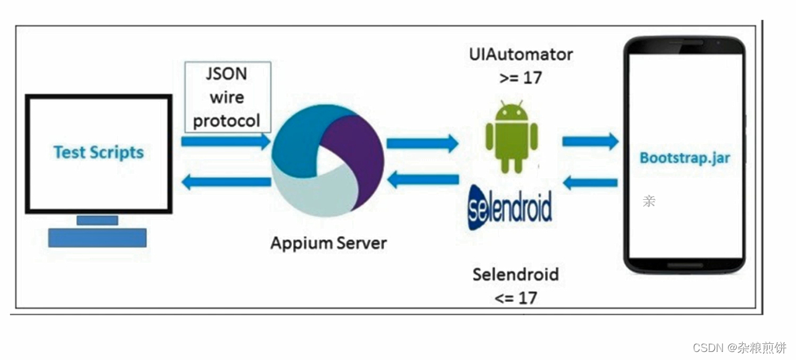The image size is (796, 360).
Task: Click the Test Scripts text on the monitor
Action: coord(98,152)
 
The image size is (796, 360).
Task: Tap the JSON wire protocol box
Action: coord(227,97)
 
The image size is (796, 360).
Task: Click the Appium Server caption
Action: coord(328,242)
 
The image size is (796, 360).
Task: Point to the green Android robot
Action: coord(511,137)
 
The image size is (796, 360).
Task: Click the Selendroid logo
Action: coord(510,207)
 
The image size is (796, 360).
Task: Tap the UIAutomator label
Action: coord(520,54)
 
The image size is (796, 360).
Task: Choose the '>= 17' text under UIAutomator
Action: coord(520,79)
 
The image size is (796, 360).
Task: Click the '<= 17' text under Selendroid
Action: coord(516,298)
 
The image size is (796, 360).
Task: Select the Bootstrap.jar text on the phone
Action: coord(685,158)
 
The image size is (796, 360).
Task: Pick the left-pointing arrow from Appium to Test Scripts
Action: coord(226,182)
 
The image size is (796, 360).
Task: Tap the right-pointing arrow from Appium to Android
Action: coord(422,144)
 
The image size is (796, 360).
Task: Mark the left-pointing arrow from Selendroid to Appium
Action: coord(422,180)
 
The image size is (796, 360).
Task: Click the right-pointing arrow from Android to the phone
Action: coord(590,141)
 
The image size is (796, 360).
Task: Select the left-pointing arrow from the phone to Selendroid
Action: coord(590,182)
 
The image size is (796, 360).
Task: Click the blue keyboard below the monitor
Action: coord(98,238)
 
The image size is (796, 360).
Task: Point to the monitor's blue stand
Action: coord(97,220)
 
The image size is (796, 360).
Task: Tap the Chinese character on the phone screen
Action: coord(649,201)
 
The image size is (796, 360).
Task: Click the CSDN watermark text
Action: coord(740,347)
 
